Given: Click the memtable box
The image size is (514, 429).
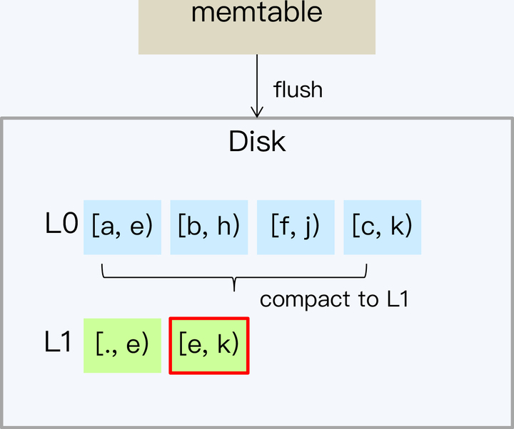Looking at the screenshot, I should tap(256, 26).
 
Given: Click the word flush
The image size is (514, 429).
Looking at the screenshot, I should tap(298, 90).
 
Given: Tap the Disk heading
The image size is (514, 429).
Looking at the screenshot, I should tap(257, 141).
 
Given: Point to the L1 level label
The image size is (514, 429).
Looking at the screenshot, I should tap(59, 343).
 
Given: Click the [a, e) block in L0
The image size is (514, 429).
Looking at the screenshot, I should tap(122, 227).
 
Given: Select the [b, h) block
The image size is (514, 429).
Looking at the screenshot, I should tap(208, 227).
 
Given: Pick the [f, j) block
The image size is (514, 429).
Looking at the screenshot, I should tap(296, 227).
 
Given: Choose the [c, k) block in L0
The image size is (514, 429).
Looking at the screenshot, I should tap(382, 227).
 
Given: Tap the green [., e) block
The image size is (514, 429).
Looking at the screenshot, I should tap(122, 345).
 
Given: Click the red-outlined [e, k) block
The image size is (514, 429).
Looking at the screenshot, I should tap(208, 345).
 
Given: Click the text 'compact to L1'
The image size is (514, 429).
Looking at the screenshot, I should tap(333, 299).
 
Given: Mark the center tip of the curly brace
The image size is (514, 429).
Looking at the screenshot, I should tap(235, 289).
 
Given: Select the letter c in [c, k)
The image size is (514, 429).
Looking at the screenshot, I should tap(366, 227).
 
